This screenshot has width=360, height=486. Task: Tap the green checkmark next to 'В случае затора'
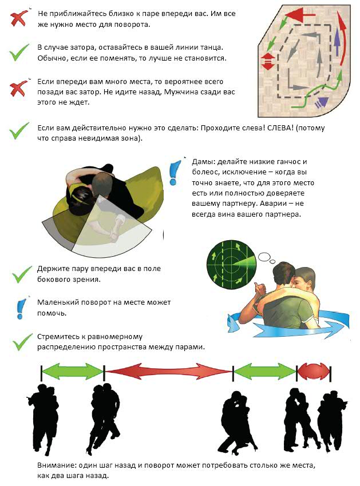(19, 53)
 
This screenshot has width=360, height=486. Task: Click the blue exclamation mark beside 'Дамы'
(175, 172)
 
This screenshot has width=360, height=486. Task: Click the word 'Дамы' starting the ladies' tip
(204, 162)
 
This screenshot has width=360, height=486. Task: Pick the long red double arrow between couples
(168, 371)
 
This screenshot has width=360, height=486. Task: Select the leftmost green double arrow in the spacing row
(73, 371)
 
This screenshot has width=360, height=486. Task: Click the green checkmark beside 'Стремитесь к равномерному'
(22, 342)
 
